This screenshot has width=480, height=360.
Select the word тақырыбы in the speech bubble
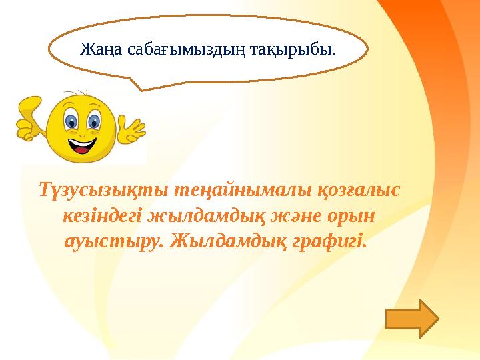(293, 49)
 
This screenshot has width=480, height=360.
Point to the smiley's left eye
(71, 122)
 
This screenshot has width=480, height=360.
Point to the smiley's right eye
(94, 122)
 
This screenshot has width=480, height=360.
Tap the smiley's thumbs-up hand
(31, 118)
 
